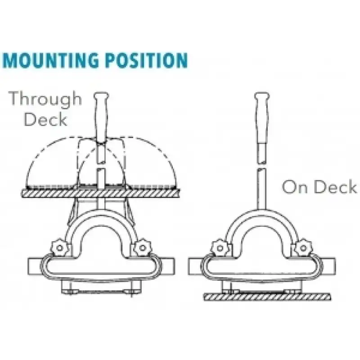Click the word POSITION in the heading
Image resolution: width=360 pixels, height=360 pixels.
pos(146,60)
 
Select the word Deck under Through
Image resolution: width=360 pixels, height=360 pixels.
pos(45,119)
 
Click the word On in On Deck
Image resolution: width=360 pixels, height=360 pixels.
pos(294,186)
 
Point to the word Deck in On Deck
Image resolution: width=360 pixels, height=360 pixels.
pos(335,186)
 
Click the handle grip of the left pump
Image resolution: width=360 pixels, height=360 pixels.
pos(101,117)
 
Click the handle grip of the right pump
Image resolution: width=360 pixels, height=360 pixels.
pos(262,117)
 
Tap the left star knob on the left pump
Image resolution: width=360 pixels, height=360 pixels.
pos(59,248)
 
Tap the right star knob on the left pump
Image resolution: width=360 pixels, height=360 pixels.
pos(142,248)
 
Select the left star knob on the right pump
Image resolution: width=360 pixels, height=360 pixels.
pos(220,248)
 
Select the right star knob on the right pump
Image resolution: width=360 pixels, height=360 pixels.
pos(303,248)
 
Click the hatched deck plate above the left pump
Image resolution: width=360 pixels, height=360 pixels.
pos(100,193)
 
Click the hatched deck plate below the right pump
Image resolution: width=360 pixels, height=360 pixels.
pos(267,297)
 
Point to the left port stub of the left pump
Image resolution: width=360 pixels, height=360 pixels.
pos(35,266)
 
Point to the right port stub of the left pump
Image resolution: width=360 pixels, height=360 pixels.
pos(167,266)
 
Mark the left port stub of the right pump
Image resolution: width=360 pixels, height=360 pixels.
pos(195,266)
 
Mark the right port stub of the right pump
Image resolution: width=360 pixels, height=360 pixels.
pos(328,266)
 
